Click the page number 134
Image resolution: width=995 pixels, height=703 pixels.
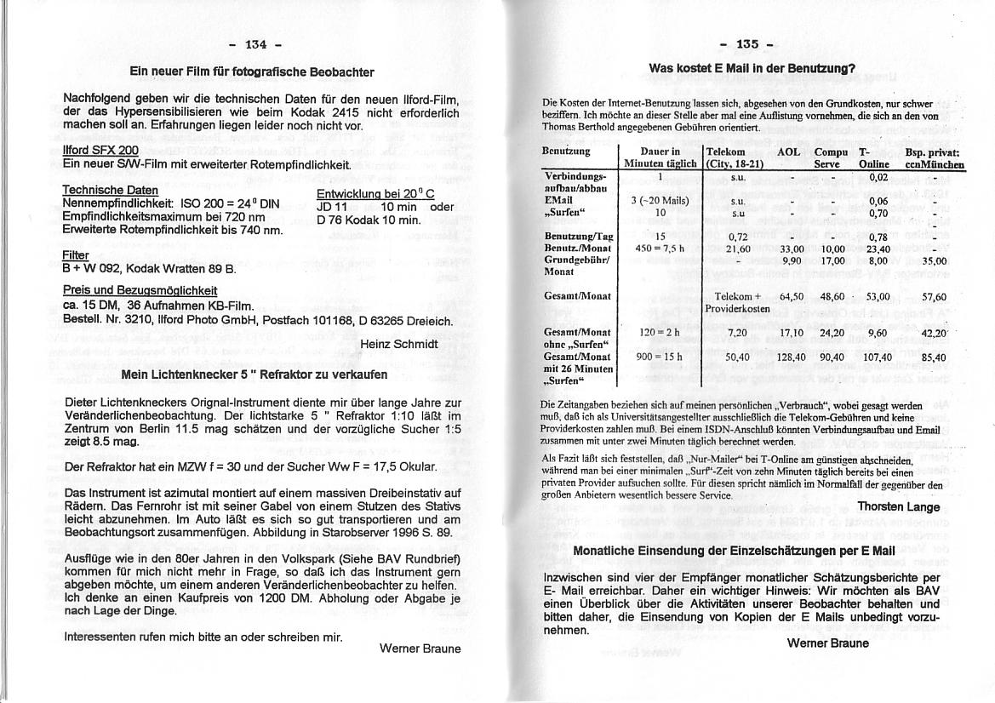pos(255,44)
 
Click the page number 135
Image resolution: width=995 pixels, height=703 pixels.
pos(746,44)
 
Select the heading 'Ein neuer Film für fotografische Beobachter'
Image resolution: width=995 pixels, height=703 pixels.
pos(251,72)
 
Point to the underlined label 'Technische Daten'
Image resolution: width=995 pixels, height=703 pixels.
pos(111,190)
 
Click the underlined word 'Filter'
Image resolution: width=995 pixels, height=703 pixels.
pos(76,254)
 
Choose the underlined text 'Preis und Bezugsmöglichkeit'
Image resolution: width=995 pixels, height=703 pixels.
pos(140,290)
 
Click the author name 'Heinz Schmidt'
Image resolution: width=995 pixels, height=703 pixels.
pos(399,344)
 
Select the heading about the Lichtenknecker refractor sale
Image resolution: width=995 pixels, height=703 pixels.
pos(254,374)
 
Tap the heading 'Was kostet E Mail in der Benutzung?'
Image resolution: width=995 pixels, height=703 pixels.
pos(752,68)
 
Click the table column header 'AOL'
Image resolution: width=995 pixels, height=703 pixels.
pos(788,151)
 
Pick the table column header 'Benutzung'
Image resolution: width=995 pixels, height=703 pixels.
pos(566,151)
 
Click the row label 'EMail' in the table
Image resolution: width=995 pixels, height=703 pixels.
pos(558,201)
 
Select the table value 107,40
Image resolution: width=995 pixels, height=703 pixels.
pos(877,358)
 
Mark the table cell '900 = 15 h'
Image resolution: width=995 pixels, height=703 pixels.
pos(660,357)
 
